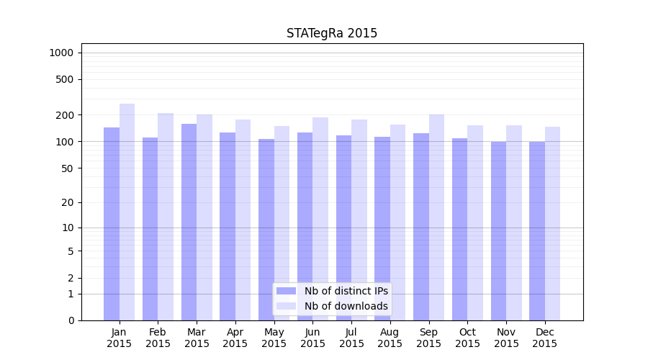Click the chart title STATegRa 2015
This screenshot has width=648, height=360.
332,33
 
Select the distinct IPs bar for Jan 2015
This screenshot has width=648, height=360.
112,223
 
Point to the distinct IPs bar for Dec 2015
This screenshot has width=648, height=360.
537,230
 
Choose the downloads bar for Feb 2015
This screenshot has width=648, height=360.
166,216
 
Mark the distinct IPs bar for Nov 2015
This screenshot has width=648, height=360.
498,230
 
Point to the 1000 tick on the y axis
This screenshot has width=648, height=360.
61,53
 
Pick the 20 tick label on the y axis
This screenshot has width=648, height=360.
68,202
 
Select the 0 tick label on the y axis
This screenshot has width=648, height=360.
71,320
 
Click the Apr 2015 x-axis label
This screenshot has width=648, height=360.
235,338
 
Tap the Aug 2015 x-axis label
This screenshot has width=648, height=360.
390,338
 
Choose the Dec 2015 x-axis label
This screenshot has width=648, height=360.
545,338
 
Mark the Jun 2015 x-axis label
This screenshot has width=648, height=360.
312,338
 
